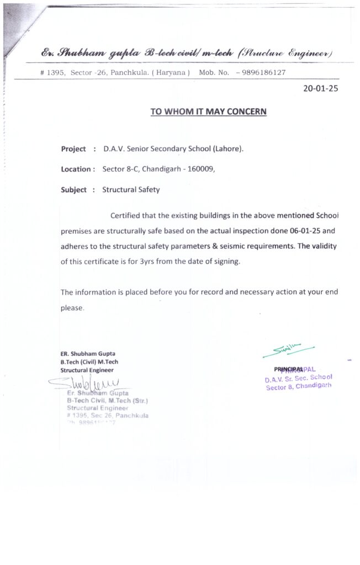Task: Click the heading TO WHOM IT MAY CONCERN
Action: click(x=208, y=111)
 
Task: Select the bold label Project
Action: click(x=73, y=149)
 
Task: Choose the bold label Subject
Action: click(x=73, y=190)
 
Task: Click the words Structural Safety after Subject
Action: click(x=131, y=190)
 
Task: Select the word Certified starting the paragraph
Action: click(x=126, y=215)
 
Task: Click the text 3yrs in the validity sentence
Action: click(x=146, y=262)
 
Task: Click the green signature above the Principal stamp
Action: click(x=287, y=349)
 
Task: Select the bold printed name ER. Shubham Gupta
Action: click(x=88, y=354)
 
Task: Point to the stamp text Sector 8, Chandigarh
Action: click(x=298, y=387)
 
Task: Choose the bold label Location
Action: click(x=76, y=169)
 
